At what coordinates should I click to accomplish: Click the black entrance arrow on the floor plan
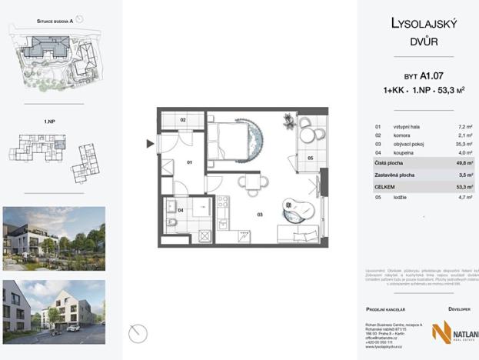[x=150, y=143]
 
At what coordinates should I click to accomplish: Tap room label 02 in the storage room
[x=184, y=121]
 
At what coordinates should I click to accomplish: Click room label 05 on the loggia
[x=310, y=158]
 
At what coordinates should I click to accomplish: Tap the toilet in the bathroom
[x=171, y=224]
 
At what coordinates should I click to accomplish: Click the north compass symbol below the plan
[x=138, y=333]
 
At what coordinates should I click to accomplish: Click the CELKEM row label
[x=387, y=186]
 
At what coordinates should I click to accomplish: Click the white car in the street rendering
[x=72, y=328]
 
